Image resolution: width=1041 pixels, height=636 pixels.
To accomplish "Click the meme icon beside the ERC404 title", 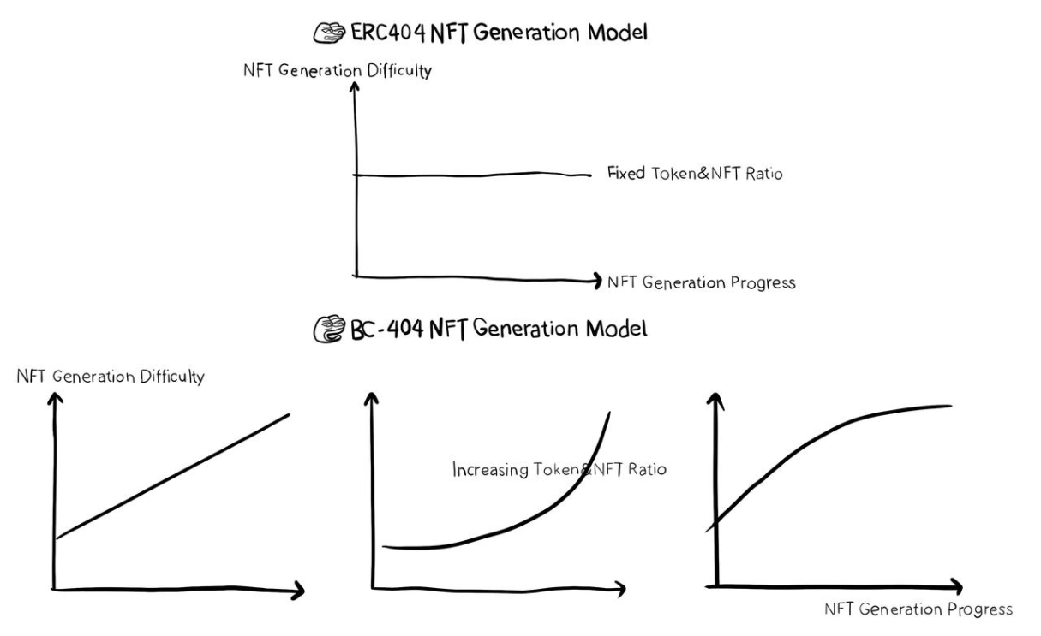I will coord(331,34).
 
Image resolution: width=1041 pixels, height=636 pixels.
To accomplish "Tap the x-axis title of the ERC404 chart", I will coord(701,282).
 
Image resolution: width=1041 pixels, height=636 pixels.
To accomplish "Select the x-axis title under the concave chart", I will coord(917,610).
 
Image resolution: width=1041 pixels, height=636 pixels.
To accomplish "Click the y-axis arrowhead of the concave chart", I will coord(713,397).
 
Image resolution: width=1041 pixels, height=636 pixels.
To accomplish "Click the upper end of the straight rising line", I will coord(289,414).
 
